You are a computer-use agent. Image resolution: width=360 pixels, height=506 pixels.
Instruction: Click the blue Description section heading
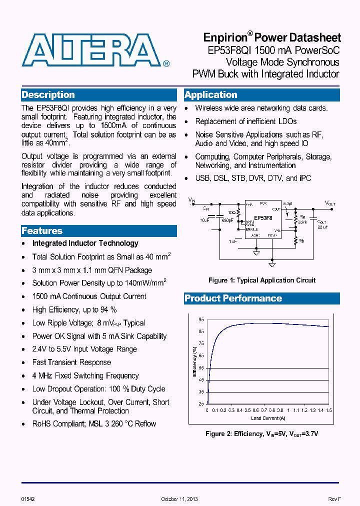pos(48,95)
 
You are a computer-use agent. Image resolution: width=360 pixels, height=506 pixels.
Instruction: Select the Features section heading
pos(42,231)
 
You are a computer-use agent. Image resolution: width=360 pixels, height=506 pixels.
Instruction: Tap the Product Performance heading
pos(233,298)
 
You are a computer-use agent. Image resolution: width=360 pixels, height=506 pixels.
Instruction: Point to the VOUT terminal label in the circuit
pos(330,203)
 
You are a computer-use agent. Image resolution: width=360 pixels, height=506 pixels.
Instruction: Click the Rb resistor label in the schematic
pos(301,241)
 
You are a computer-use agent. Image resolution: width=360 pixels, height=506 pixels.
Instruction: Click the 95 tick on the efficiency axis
pos(201,319)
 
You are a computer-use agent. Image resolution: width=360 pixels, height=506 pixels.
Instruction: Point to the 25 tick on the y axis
pos(201,403)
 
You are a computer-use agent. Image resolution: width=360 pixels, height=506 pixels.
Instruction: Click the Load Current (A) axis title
pos(268,418)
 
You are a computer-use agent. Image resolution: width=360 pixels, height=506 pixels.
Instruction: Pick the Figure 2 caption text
pos(261,433)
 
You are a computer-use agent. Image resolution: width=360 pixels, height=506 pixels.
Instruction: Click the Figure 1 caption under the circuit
pos(262,280)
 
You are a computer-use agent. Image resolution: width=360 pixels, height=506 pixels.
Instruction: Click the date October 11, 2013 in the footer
pos(179,499)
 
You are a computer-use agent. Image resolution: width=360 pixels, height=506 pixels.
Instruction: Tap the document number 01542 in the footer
pos(28,499)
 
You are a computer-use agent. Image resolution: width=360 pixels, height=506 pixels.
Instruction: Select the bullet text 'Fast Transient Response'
pos(71,362)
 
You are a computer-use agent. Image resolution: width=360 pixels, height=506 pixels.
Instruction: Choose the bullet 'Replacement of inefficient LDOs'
pos(245,121)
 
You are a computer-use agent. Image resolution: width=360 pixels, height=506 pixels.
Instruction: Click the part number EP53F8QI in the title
pos(230,50)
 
